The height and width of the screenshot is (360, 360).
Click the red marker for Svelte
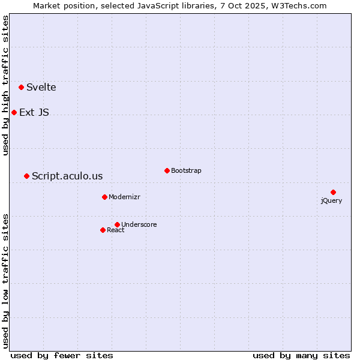click(x=22, y=87)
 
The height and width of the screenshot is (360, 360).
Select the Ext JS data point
click(x=14, y=112)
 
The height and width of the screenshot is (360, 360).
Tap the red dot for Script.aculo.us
click(x=26, y=176)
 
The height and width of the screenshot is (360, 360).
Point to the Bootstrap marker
click(x=167, y=170)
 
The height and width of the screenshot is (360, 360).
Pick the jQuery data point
click(x=333, y=192)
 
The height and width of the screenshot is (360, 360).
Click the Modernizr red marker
click(x=104, y=197)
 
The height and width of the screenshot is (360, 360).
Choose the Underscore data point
click(x=117, y=224)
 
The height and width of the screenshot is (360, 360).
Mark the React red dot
click(x=103, y=230)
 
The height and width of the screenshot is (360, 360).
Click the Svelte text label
click(x=41, y=88)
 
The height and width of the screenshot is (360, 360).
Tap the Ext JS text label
click(x=34, y=113)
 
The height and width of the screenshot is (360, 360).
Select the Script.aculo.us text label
click(x=67, y=176)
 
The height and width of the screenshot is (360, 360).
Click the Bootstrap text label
click(x=186, y=171)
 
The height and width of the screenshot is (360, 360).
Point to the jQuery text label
click(x=331, y=201)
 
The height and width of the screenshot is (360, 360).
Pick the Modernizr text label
click(x=124, y=197)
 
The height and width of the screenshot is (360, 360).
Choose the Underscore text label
click(x=139, y=225)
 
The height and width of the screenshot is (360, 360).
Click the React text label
click(x=116, y=230)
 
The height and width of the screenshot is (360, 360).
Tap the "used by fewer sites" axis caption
click(x=62, y=355)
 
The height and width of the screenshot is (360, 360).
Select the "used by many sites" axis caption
click(x=301, y=355)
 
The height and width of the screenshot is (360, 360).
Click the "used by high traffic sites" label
click(x=6, y=85)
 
